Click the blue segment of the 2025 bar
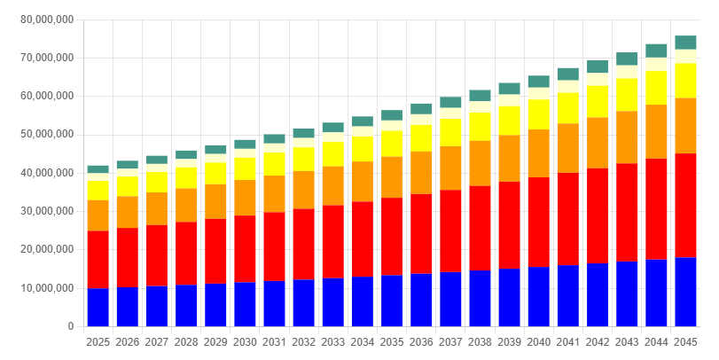coord(98,307)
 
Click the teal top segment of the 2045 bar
coord(685,42)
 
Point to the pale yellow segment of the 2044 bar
coord(656,64)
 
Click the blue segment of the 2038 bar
coord(480,298)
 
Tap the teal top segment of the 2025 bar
coord(98,169)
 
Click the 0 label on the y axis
coord(69,326)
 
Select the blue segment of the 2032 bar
coord(304,302)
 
